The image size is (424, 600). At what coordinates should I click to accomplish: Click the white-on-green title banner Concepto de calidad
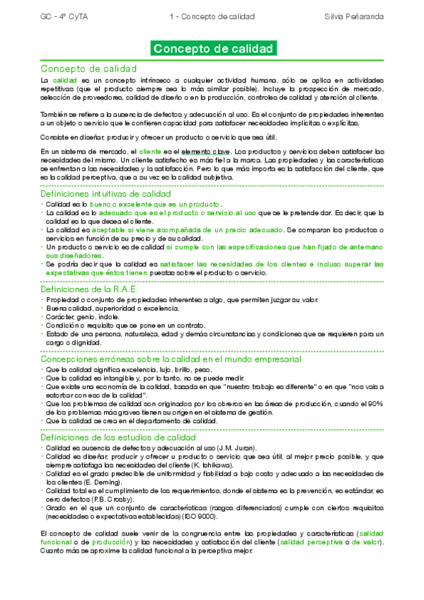click(x=213, y=50)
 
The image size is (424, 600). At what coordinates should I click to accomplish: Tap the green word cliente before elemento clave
click(x=150, y=151)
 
